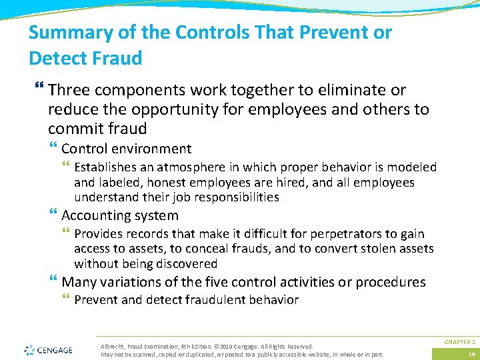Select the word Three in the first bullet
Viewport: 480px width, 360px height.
69,90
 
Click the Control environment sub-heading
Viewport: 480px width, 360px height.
126,149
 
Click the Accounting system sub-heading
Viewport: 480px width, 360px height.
120,215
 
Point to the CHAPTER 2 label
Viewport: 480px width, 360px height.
460,342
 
